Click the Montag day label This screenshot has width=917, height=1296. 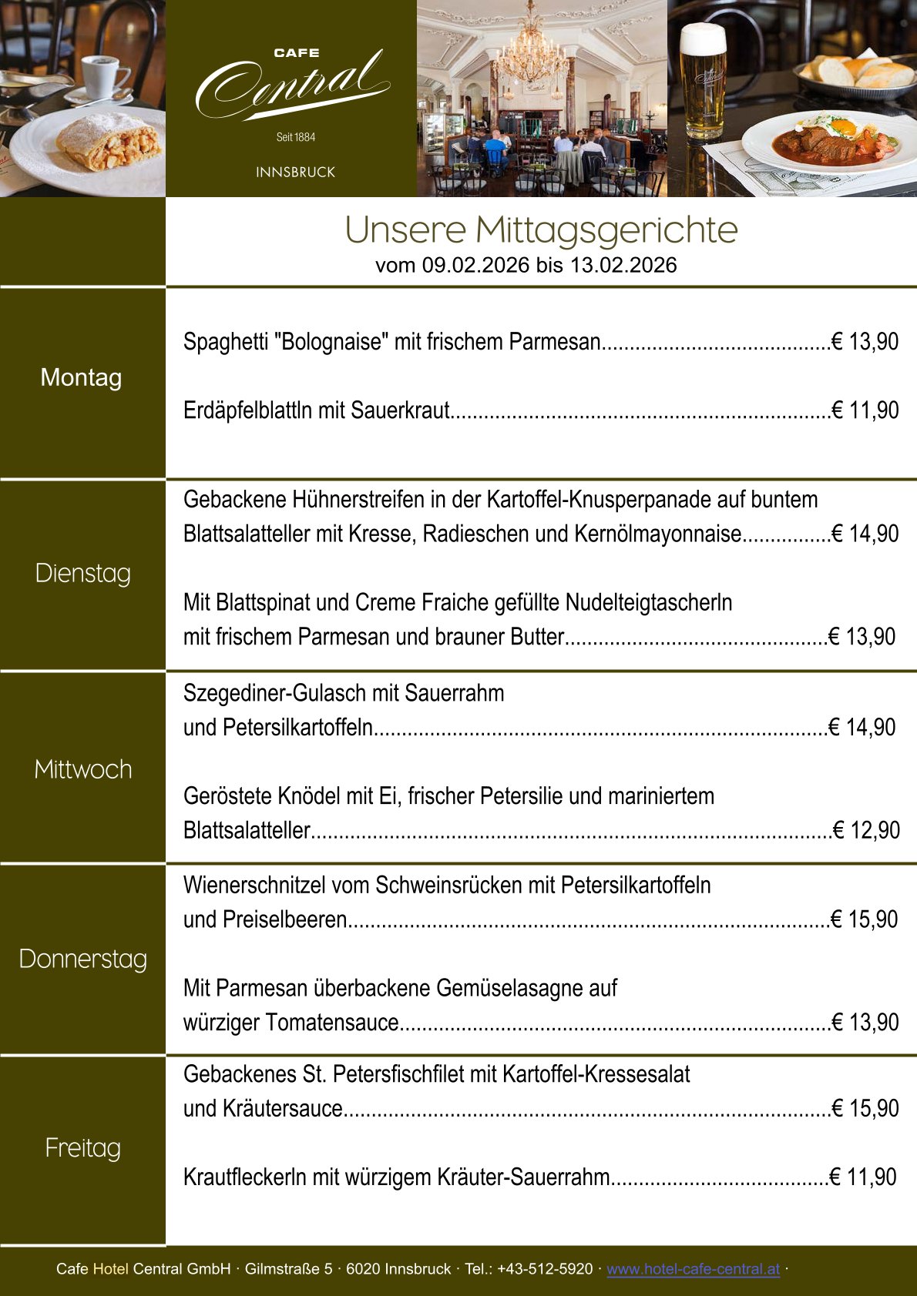pyautogui.click(x=81, y=377)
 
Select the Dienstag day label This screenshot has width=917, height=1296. pyautogui.click(x=82, y=573)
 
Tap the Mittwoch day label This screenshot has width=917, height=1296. pyautogui.click(x=82, y=769)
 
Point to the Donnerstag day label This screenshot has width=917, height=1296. pyautogui.click(x=82, y=959)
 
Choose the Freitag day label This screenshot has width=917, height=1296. pyautogui.click(x=82, y=1147)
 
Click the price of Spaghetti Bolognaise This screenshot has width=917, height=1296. pyautogui.click(x=865, y=341)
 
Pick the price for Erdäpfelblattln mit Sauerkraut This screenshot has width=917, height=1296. pyautogui.click(x=865, y=410)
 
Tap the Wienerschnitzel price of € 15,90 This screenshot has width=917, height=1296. pyautogui.click(x=865, y=919)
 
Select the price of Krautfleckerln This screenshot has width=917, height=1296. pyautogui.click(x=863, y=1177)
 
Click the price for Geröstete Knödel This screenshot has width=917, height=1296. pyautogui.click(x=866, y=829)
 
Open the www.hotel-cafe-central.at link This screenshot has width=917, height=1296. pyautogui.click(x=693, y=1268)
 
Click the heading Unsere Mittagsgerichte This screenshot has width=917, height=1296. pyautogui.click(x=541, y=229)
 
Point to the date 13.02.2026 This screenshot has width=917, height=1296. pyautogui.click(x=623, y=266)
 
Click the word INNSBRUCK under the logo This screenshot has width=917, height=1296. pyautogui.click(x=295, y=172)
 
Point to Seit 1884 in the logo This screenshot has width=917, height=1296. pyautogui.click(x=296, y=137)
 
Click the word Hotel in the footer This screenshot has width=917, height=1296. pyautogui.click(x=110, y=1268)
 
